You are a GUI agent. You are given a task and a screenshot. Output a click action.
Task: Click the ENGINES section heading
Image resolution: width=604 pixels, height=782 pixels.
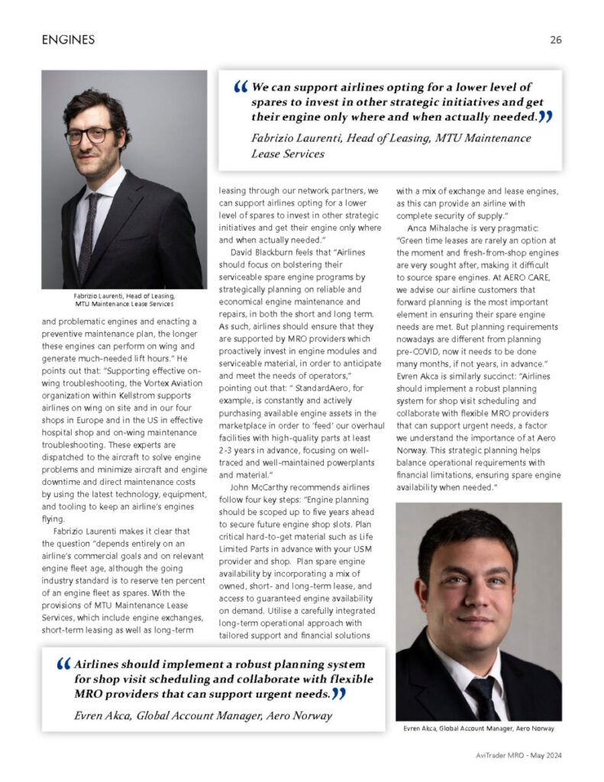click(x=68, y=40)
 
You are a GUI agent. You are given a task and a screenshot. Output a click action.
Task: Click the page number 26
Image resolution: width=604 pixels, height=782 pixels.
click(x=555, y=40)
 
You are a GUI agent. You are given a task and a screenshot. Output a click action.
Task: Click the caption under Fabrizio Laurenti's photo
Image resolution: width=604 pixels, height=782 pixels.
click(x=124, y=300)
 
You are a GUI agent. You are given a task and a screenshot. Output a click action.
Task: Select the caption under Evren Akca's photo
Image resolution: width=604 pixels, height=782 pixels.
click(x=478, y=730)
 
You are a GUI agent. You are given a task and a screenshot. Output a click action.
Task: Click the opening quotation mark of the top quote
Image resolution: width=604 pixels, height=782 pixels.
click(x=241, y=89)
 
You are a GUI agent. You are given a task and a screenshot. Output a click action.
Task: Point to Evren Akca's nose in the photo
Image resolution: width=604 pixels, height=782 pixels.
click(x=474, y=595)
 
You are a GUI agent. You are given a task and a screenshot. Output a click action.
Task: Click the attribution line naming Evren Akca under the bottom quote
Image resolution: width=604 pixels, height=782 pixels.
click(x=204, y=716)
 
